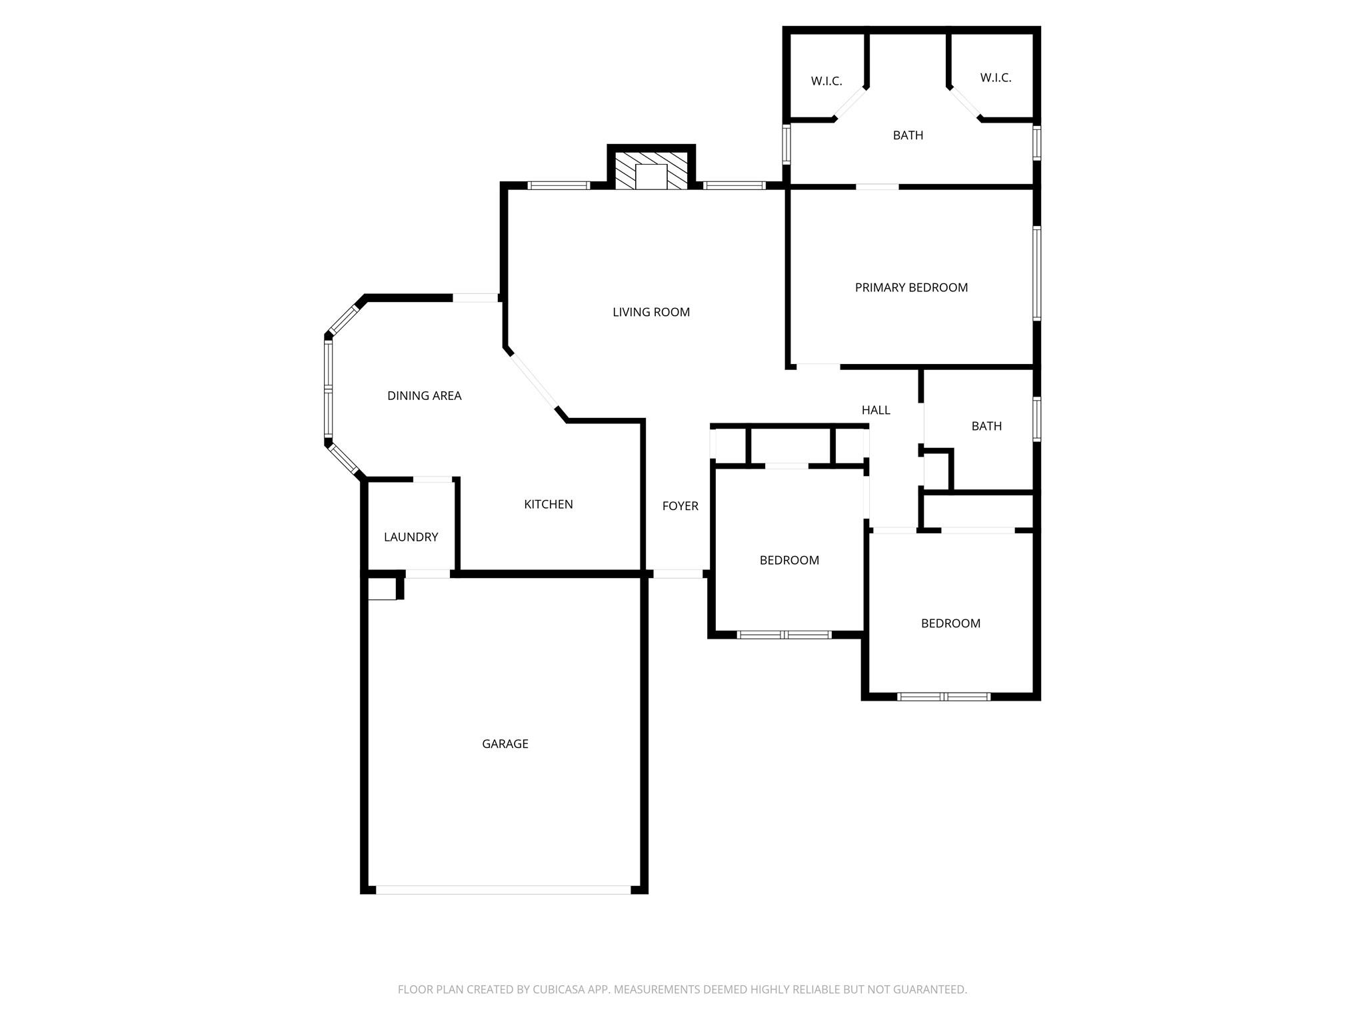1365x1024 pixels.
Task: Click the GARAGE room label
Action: (505, 743)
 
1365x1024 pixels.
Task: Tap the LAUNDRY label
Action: (411, 537)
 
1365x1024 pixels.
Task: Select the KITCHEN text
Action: (548, 504)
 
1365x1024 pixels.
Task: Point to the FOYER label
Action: (680, 506)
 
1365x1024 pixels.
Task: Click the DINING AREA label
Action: (424, 395)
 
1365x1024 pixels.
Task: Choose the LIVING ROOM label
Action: (651, 312)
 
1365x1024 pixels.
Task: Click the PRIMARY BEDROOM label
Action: (910, 287)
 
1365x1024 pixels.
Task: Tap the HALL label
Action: (875, 410)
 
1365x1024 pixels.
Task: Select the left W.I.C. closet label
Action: (826, 81)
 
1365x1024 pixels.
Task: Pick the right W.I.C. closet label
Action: (995, 78)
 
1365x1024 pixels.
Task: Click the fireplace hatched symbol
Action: (651, 171)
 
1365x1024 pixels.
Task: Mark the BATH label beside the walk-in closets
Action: (908, 135)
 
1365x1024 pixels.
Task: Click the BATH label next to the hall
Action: (986, 426)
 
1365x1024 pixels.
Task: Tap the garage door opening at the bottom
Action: (503, 889)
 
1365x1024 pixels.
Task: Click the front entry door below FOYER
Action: (677, 573)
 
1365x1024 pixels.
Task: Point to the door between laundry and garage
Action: (427, 573)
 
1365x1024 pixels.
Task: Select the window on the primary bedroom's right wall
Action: (1036, 273)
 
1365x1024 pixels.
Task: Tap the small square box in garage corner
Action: (383, 589)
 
